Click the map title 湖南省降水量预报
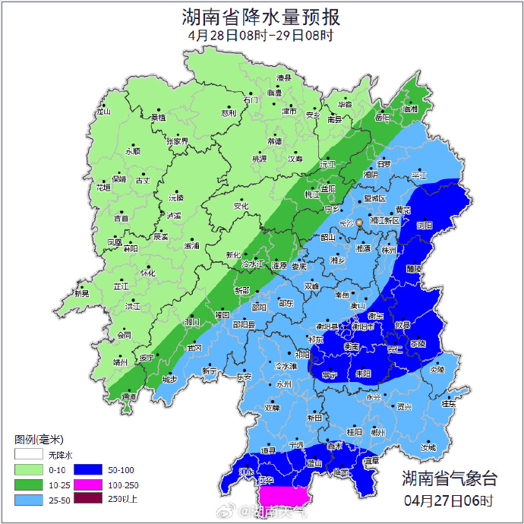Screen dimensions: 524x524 click(x=261, y=17)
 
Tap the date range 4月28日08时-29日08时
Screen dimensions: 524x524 click(x=261, y=35)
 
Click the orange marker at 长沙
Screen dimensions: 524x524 click(x=360, y=223)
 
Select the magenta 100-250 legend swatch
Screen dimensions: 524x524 click(x=87, y=484)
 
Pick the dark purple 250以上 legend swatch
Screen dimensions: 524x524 click(x=87, y=498)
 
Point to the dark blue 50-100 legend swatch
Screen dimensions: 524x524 click(x=87, y=469)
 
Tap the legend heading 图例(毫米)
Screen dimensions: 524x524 click(x=39, y=440)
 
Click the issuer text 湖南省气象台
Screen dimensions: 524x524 click(x=449, y=478)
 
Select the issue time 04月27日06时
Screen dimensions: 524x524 click(x=449, y=500)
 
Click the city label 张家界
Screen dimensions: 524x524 click(x=176, y=141)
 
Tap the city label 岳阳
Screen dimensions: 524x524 click(x=382, y=118)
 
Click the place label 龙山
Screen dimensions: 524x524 click(x=103, y=112)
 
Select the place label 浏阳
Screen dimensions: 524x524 click(x=425, y=226)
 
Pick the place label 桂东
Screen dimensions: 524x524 click(x=449, y=404)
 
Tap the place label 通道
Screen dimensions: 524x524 click(x=129, y=396)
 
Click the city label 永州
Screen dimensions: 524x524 click(x=284, y=384)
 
